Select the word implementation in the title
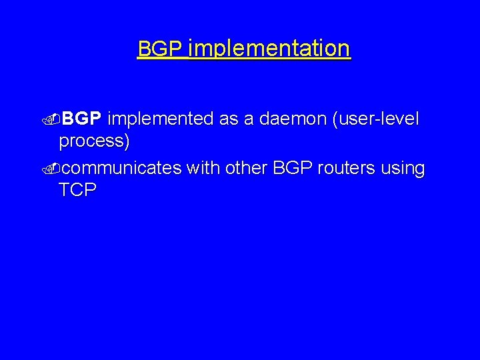pyautogui.click(x=269, y=49)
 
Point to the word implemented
pyautogui.click(x=159, y=119)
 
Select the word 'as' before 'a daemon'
pyautogui.click(x=230, y=119)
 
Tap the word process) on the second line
pyautogui.click(x=94, y=141)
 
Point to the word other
pyautogui.click(x=246, y=169)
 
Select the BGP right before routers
pyautogui.click(x=291, y=169)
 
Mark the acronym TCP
pyautogui.click(x=77, y=190)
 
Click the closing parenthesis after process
pyautogui.click(x=127, y=141)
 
